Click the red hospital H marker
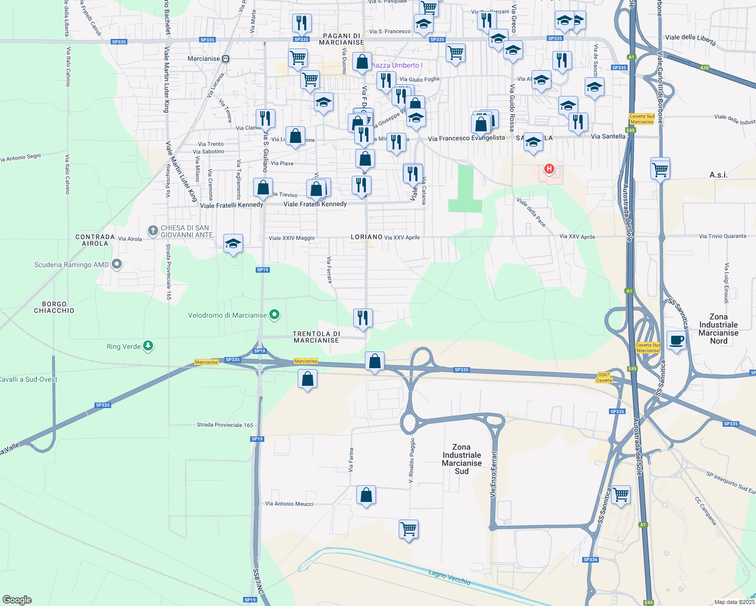point(549,169)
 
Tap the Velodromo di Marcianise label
point(227,315)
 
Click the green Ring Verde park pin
point(148,346)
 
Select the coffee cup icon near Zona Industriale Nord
point(676,340)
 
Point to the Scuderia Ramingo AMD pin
point(117,264)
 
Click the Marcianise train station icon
point(225,59)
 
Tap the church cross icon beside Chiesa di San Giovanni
point(153,231)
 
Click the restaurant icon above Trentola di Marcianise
point(363,318)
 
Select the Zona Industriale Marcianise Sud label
point(461,459)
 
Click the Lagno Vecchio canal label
point(449,577)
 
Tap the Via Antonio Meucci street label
point(289,503)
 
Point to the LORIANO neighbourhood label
point(367,237)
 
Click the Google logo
point(17,600)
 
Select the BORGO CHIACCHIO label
point(54,307)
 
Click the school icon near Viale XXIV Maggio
point(233,244)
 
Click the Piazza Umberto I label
point(396,65)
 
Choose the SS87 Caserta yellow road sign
point(604,377)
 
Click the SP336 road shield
point(590,560)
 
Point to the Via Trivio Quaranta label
point(722,236)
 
